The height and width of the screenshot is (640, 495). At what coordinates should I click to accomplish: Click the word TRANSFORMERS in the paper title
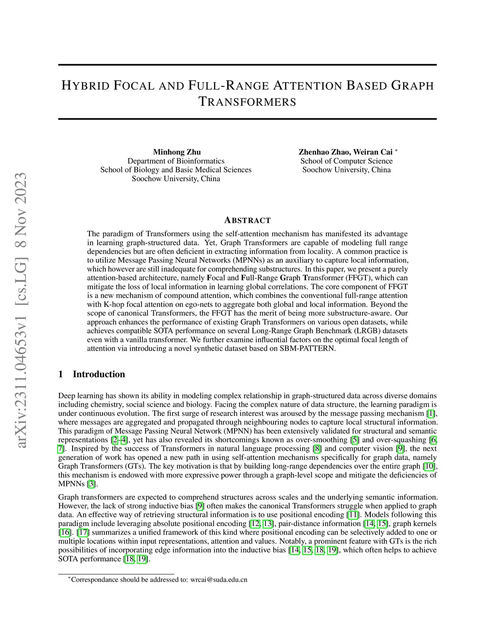pos(247,102)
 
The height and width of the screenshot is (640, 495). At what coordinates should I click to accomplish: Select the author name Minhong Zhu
pos(176,152)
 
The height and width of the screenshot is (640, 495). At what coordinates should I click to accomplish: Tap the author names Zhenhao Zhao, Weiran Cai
pos(345,152)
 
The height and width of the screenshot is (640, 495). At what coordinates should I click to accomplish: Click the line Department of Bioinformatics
pos(176,161)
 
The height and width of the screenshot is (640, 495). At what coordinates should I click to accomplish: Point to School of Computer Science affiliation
pos(346,161)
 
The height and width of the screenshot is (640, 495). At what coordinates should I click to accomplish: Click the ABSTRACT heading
pos(247,220)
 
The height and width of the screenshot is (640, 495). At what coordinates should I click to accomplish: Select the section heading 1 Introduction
pos(91,374)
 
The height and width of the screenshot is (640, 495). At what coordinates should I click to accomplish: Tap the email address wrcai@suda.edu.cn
pos(218,580)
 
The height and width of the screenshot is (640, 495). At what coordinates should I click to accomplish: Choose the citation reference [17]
pos(83,532)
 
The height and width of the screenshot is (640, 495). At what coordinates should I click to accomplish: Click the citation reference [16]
pos(64,532)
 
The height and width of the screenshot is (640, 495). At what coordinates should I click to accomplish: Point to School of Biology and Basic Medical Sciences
pos(176,170)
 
